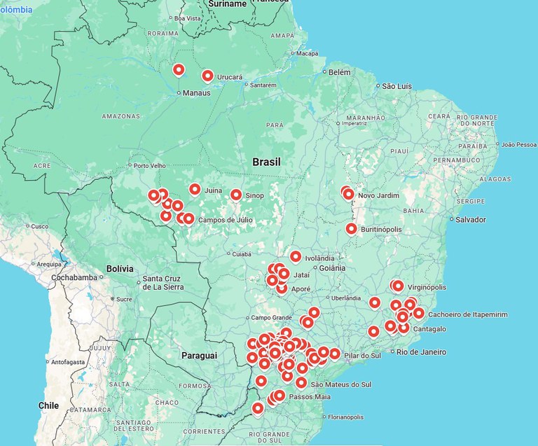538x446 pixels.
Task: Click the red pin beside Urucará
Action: (x=207, y=76)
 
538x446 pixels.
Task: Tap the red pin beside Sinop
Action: (x=236, y=195)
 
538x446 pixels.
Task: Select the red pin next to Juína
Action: (x=195, y=189)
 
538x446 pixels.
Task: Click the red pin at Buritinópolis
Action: (x=352, y=228)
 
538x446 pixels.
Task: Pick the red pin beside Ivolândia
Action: (x=296, y=256)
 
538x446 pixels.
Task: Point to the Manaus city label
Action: (x=196, y=92)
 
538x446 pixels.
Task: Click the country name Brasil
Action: (x=266, y=162)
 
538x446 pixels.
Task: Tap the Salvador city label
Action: (x=470, y=219)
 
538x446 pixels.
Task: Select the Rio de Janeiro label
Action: (x=422, y=351)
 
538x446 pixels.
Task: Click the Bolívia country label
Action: (x=119, y=268)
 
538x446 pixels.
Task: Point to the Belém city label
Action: (x=339, y=72)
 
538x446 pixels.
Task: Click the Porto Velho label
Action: (x=149, y=166)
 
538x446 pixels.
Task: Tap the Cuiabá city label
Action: (x=241, y=254)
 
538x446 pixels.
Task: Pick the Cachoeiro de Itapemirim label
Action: (x=467, y=315)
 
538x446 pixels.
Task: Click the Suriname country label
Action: (x=228, y=4)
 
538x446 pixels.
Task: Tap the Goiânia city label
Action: (x=331, y=267)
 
